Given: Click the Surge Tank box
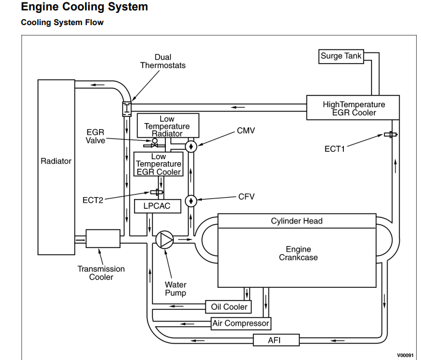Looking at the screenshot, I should click(x=341, y=56).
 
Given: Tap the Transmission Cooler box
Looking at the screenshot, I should click(x=103, y=239).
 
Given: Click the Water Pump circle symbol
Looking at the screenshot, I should click(x=165, y=239).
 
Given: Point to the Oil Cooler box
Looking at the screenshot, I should click(x=229, y=307).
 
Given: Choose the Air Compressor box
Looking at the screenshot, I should click(x=240, y=323).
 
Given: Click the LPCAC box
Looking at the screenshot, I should click(x=157, y=206).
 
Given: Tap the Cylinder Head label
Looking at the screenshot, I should click(x=297, y=221).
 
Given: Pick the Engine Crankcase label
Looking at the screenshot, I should click(x=299, y=253).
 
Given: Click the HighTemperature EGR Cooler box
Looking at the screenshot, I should click(x=353, y=108).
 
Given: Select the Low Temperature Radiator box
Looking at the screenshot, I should click(x=167, y=126).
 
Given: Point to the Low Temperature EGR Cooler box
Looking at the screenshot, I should click(x=158, y=164).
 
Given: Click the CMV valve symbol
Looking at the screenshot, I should click(x=190, y=146).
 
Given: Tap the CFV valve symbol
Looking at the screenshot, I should click(x=190, y=201).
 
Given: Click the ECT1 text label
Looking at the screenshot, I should click(x=335, y=148).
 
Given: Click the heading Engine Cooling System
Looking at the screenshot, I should click(x=84, y=7).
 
